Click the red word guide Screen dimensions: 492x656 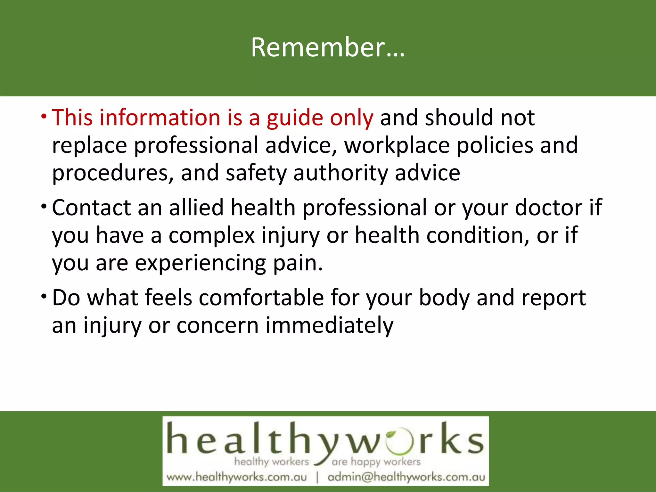[x=295, y=118]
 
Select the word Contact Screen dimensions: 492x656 [x=91, y=208]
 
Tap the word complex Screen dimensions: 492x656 [x=212, y=235]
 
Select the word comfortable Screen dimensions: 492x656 [x=261, y=298]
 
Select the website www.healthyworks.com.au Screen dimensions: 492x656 [x=237, y=477]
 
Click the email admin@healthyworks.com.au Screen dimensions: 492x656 [x=406, y=477]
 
